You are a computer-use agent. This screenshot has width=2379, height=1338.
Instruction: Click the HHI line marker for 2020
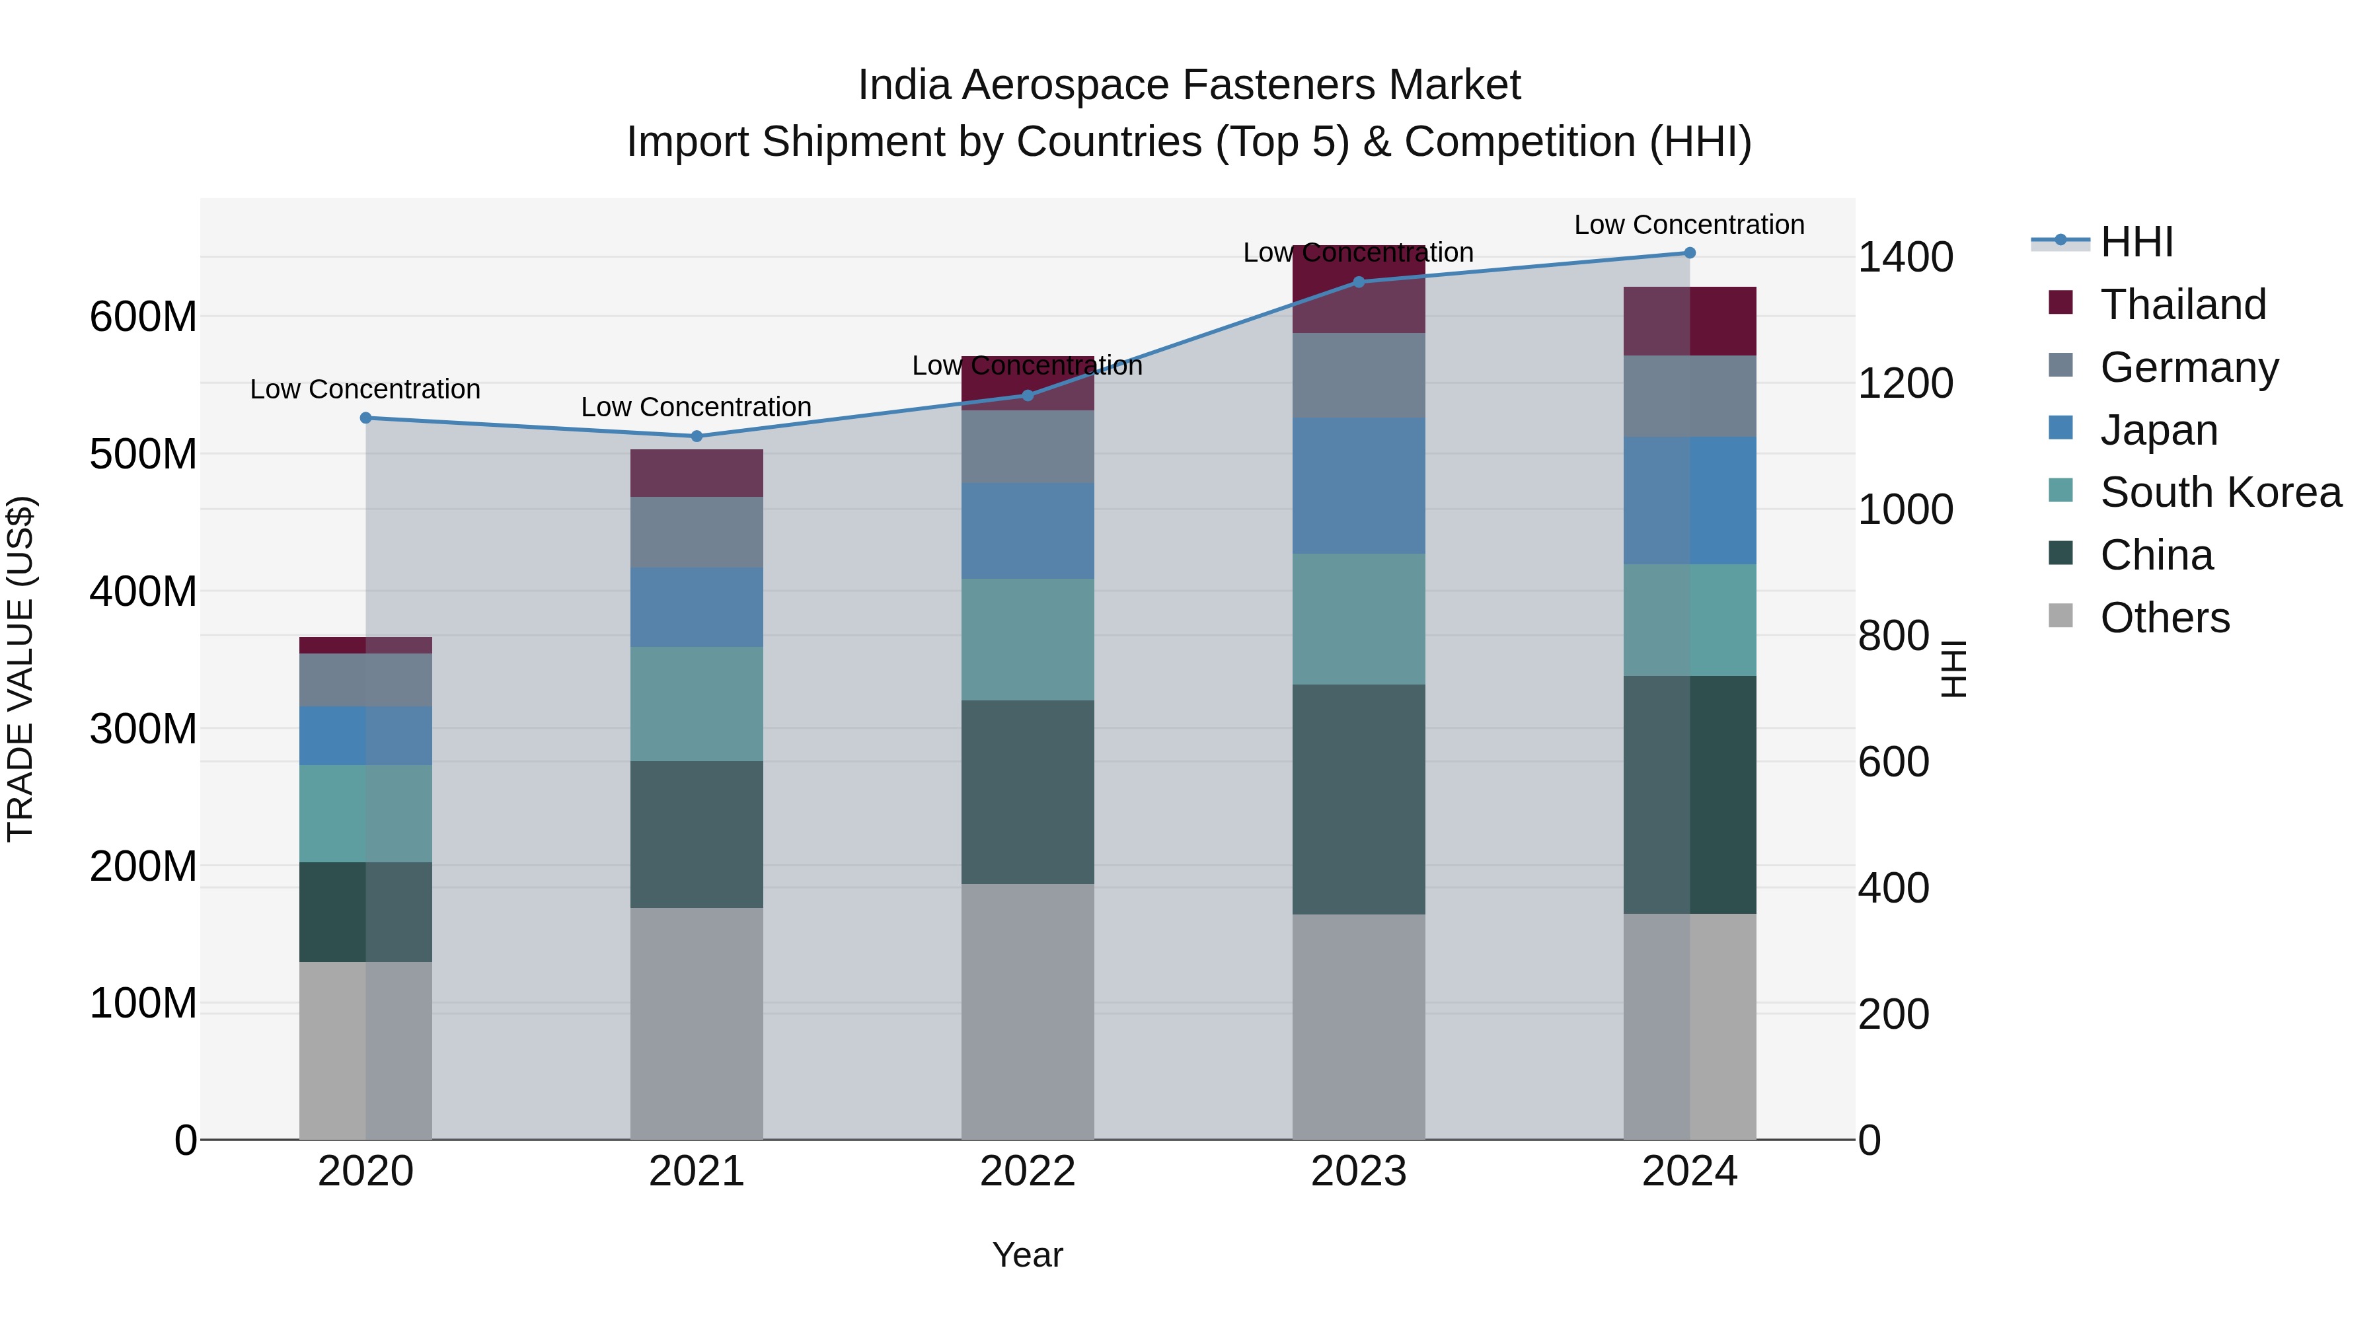coord(365,418)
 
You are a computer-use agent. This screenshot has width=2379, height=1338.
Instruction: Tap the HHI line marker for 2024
coord(1690,253)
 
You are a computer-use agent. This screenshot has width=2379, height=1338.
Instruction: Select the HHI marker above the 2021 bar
coord(697,437)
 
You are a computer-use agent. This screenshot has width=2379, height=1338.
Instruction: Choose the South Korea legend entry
coord(2220,492)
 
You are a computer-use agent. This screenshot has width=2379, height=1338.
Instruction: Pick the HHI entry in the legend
coord(2136,242)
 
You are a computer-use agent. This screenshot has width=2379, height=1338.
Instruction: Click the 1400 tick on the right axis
coord(1905,258)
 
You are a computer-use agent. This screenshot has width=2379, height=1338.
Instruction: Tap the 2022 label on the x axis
coord(1027,1171)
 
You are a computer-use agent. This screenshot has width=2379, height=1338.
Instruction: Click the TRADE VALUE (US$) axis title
coord(20,669)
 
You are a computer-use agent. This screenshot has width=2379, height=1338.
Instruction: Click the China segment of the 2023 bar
coord(1359,799)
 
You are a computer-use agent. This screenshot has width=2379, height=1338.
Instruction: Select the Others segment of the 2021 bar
coord(697,1023)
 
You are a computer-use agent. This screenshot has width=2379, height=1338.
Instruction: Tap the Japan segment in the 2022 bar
coord(1027,531)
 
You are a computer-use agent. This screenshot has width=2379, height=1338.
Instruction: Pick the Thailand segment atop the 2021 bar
coord(697,474)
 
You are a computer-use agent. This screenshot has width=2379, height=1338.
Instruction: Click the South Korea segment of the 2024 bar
coord(1690,620)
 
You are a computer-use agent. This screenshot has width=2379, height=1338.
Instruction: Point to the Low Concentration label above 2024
coord(1689,225)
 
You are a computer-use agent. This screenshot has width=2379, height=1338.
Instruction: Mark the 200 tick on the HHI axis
coord(1893,1015)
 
